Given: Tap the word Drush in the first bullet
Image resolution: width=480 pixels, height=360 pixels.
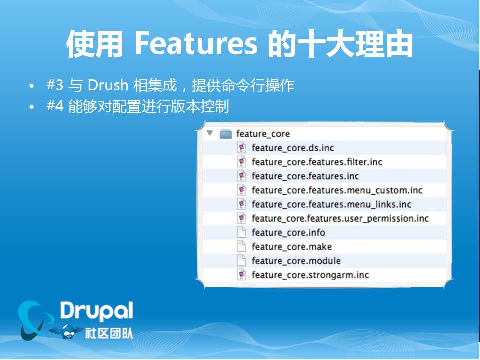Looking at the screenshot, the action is click(108, 85).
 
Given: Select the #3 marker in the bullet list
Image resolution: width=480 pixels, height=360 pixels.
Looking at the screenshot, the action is click(55, 85).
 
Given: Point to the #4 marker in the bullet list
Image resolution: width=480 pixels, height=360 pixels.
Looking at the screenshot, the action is click(55, 106).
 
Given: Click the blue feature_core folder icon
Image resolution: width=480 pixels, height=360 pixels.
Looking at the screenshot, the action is click(226, 134).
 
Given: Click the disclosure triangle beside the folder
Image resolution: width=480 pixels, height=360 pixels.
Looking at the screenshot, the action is click(210, 133).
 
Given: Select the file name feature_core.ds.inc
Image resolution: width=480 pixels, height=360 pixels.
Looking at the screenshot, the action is click(293, 148).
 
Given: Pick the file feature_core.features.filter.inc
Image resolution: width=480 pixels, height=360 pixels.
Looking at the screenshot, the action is click(317, 162).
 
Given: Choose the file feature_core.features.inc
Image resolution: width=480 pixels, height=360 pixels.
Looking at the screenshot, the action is click(305, 176).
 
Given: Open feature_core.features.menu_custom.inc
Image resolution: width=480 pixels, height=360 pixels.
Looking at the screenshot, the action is click(337, 190).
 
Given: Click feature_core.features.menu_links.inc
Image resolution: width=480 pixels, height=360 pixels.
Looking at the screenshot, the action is click(332, 204).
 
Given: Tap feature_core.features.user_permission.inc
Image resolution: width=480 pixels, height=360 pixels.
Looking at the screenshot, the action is click(340, 219).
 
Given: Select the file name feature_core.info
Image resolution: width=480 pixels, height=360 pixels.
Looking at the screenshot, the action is click(288, 233).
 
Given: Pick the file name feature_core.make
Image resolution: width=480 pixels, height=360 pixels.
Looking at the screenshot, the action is click(292, 247).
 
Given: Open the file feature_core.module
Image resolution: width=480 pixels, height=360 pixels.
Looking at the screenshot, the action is click(296, 261).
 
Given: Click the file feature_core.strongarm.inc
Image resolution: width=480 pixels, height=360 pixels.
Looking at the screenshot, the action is click(310, 275).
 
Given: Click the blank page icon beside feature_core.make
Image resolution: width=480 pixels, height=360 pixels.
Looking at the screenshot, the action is click(242, 246).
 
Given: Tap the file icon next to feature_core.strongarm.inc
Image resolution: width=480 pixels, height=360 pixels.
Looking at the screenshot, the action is click(242, 275).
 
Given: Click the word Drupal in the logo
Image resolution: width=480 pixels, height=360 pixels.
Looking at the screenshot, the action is click(96, 311).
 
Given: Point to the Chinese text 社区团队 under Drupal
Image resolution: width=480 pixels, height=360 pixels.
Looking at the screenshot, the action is click(109, 333).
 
